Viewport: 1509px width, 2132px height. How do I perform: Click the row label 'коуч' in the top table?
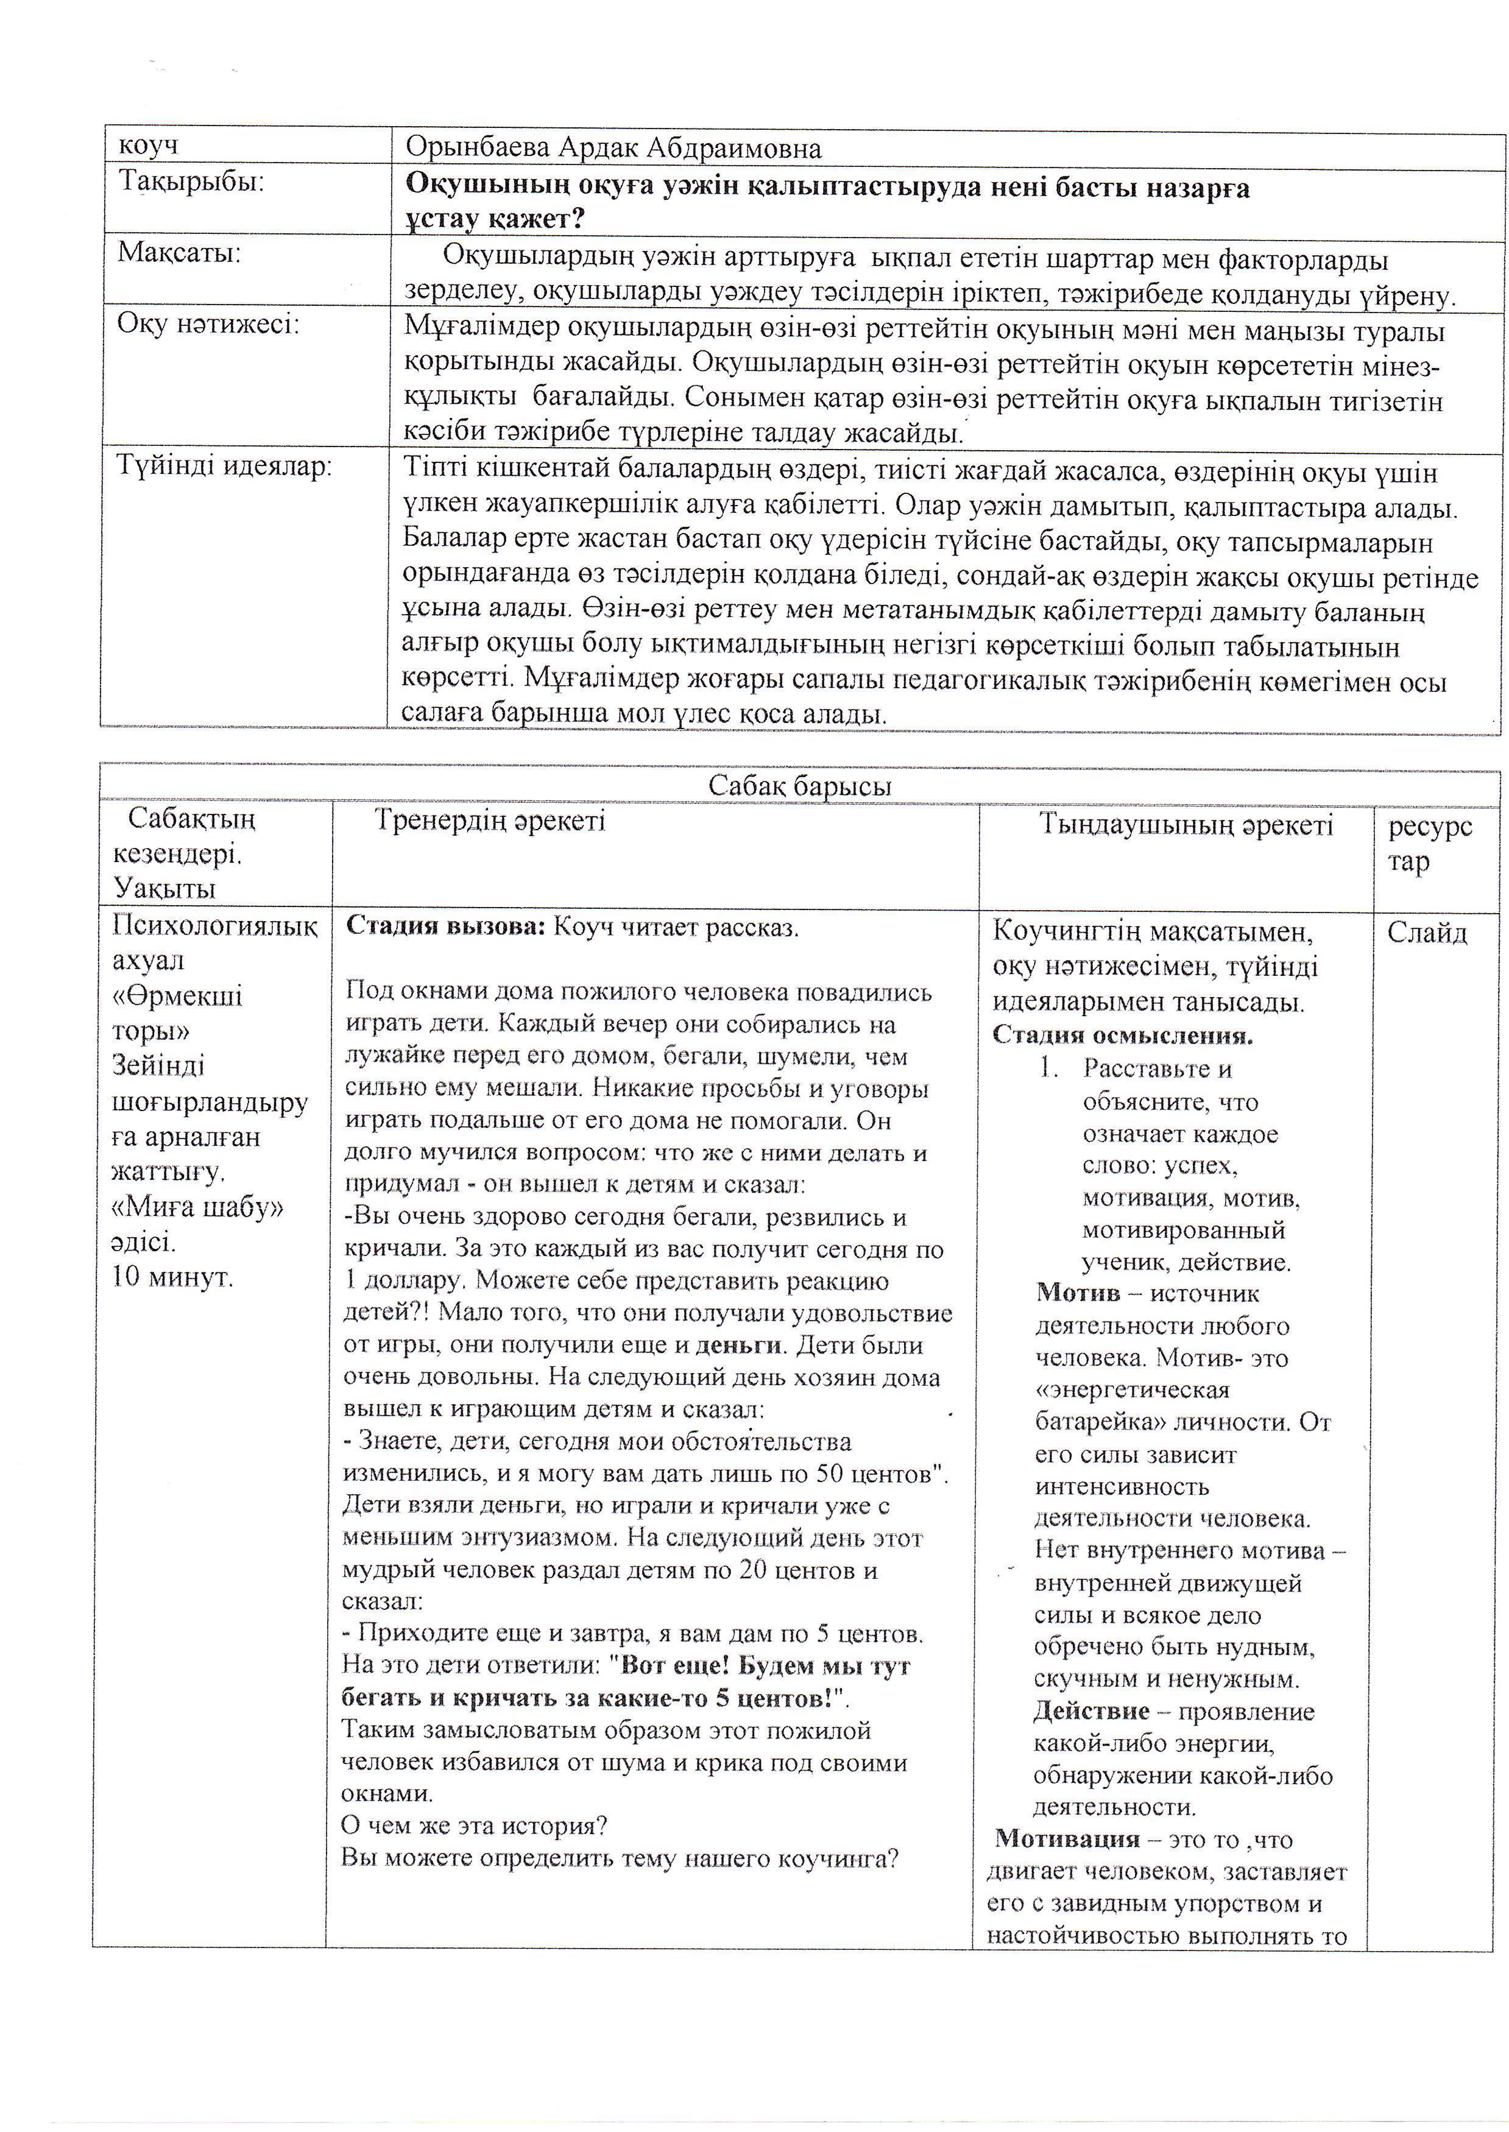click(149, 146)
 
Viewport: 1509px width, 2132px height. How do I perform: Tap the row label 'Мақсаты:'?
click(179, 253)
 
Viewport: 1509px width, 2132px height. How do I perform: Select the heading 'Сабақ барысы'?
click(799, 786)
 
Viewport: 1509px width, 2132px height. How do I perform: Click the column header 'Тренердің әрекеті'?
click(490, 821)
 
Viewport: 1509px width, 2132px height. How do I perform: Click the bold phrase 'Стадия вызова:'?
click(445, 927)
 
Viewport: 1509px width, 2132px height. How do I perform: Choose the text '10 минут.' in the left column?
click(173, 1276)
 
